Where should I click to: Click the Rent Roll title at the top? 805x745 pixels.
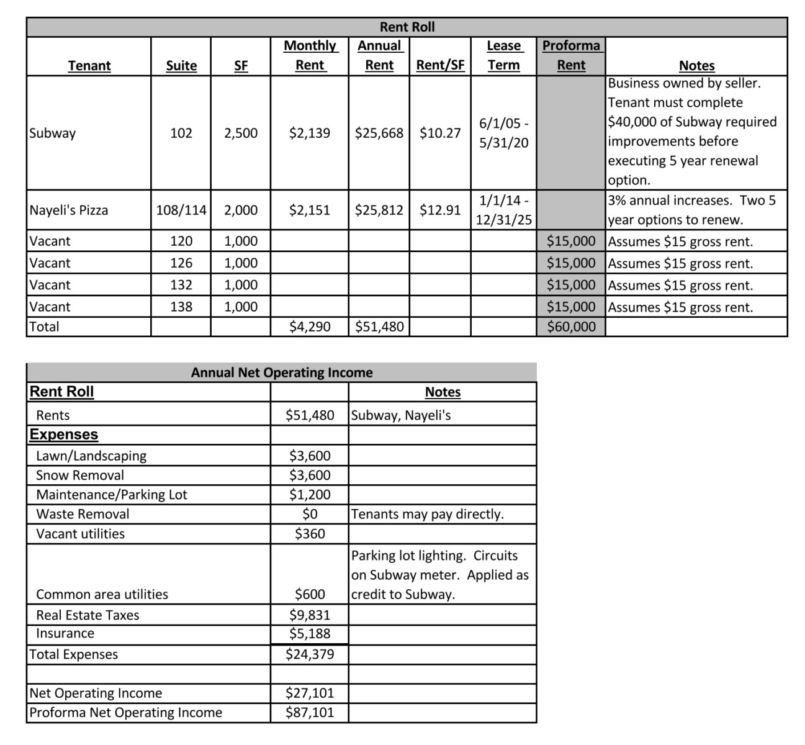[407, 27]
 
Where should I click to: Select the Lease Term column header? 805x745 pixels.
[503, 55]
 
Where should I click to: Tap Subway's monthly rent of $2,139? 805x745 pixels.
[310, 133]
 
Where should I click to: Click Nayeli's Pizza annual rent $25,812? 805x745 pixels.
[379, 210]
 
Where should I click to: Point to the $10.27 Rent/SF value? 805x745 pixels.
[440, 133]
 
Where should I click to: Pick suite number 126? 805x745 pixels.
[181, 263]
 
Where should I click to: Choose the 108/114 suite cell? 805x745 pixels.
[181, 210]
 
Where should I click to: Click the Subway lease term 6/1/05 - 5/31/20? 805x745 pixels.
[503, 133]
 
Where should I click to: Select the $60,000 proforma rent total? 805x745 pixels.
[571, 327]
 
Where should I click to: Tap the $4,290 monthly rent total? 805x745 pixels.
[310, 327]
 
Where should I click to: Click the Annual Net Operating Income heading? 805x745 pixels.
[282, 372]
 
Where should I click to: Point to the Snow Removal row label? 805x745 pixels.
[80, 475]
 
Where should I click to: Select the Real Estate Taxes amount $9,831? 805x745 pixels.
[310, 615]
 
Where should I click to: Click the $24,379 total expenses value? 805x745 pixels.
[310, 654]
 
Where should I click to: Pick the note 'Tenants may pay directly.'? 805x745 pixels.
[427, 514]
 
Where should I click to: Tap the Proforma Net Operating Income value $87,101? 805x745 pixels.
[310, 712]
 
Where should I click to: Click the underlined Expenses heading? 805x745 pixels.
[64, 434]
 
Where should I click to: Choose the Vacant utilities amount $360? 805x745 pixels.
[310, 533]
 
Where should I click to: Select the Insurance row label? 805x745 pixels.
[65, 633]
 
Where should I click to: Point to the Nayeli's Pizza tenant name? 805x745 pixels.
[69, 210]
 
